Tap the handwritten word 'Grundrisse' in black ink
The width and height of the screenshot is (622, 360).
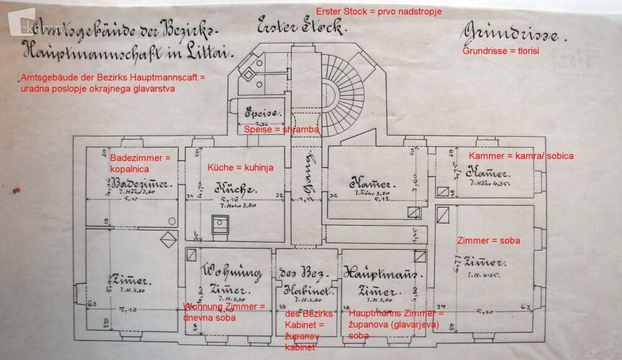(x=509, y=34)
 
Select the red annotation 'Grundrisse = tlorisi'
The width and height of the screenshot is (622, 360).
(x=499, y=51)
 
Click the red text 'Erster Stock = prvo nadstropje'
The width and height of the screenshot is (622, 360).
(x=378, y=12)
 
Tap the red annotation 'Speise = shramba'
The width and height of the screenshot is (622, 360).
(x=281, y=129)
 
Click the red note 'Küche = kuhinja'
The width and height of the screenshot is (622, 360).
(x=240, y=168)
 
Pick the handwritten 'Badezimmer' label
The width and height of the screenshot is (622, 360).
(x=131, y=184)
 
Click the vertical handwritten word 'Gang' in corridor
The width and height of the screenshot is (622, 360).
(x=305, y=183)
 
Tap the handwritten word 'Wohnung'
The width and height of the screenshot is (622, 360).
(x=231, y=271)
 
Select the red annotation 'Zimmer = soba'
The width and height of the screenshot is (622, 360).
(x=488, y=240)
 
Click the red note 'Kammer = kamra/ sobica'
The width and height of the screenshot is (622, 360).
(x=521, y=155)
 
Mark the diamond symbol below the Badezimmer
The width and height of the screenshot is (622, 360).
(x=168, y=239)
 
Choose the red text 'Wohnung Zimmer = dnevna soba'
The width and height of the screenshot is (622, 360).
(x=224, y=312)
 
